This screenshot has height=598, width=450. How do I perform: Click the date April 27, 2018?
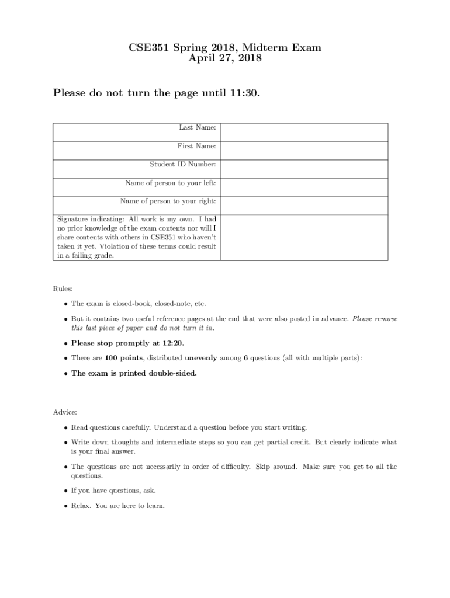(225, 58)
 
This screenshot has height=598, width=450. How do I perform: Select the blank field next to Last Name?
(304, 132)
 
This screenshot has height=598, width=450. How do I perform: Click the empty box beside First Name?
(304, 151)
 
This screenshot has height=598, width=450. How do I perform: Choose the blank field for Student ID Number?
(304, 169)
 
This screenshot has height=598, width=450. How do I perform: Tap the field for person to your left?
(304, 187)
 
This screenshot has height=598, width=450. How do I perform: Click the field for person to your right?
(304, 206)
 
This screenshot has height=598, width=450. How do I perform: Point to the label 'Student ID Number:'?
(183, 165)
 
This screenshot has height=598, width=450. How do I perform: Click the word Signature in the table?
(75, 219)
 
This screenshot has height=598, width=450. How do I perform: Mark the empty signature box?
(304, 237)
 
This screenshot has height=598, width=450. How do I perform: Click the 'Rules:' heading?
(63, 288)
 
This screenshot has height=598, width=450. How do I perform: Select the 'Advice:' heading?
(65, 412)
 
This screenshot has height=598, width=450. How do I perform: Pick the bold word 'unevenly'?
(200, 358)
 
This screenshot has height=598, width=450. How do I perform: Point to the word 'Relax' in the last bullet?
(81, 505)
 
